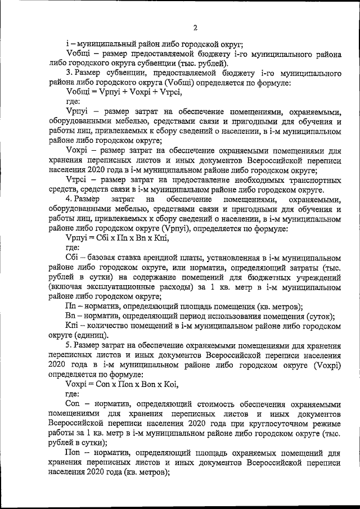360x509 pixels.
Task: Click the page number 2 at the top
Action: coord(195,28)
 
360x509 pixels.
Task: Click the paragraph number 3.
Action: coord(69,74)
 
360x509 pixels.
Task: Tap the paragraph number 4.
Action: coord(69,200)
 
